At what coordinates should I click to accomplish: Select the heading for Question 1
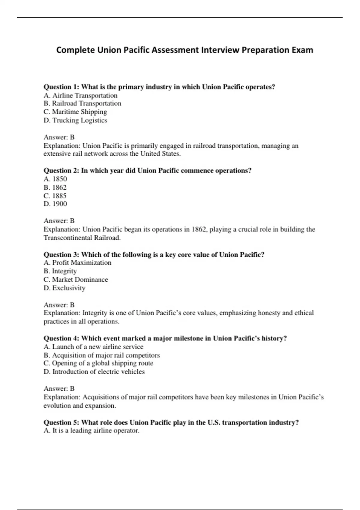click(159, 87)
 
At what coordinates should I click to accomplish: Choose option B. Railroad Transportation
click(82, 103)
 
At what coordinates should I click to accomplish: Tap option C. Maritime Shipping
click(75, 112)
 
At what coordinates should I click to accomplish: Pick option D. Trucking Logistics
click(75, 120)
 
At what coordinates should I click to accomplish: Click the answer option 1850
click(55, 179)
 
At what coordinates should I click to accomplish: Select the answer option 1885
click(55, 196)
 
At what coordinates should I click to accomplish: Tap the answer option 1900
click(55, 204)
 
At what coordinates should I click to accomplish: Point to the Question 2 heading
click(148, 171)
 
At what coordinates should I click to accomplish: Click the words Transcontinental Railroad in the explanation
click(82, 238)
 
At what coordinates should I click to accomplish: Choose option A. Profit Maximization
click(77, 263)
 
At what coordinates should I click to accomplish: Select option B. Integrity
click(60, 271)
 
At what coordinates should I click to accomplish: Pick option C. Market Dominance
click(76, 280)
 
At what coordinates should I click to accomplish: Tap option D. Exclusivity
click(64, 288)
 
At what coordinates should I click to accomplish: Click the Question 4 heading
click(165, 338)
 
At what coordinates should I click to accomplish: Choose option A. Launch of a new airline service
click(93, 347)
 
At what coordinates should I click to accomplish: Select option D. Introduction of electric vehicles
click(94, 372)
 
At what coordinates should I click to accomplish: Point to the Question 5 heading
click(171, 422)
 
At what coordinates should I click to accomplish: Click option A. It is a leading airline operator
click(91, 431)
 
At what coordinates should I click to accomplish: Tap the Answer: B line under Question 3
click(59, 305)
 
